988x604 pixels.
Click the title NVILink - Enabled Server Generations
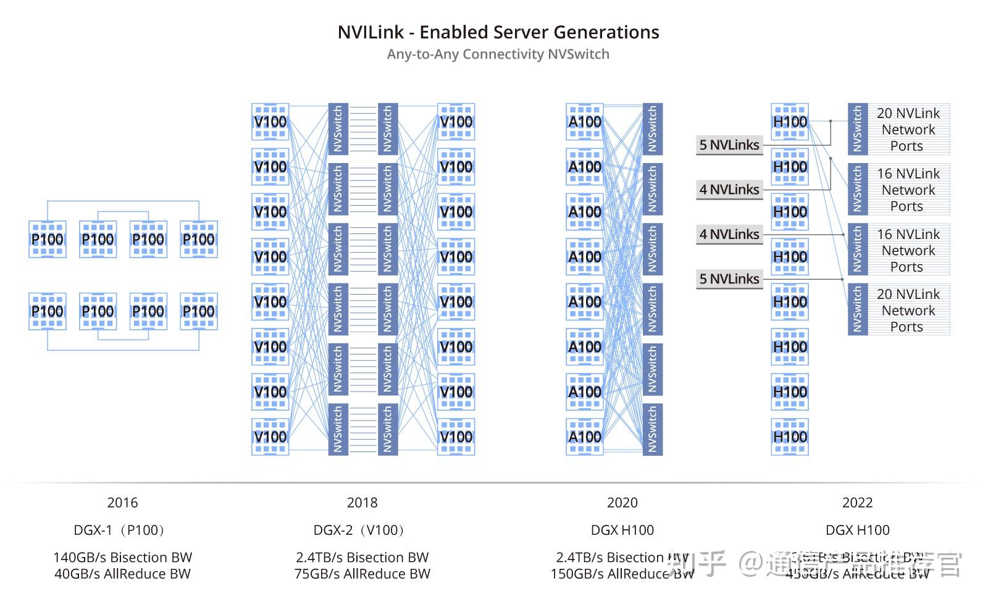pyautogui.click(x=498, y=32)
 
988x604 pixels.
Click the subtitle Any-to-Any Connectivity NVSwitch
pyautogui.click(x=498, y=54)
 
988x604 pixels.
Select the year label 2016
pyautogui.click(x=122, y=503)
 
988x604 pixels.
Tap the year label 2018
pyautogui.click(x=362, y=503)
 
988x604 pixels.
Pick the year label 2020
pyautogui.click(x=622, y=503)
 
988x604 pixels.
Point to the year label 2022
pyautogui.click(x=857, y=503)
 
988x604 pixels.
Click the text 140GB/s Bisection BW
pyautogui.click(x=122, y=557)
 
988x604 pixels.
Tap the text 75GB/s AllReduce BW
pyautogui.click(x=362, y=574)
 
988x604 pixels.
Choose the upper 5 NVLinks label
pyautogui.click(x=729, y=145)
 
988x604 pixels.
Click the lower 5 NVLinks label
pyautogui.click(x=729, y=279)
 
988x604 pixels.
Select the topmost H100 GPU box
pyautogui.click(x=790, y=122)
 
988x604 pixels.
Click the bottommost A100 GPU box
pyautogui.click(x=584, y=437)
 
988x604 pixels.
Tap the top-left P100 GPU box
pyautogui.click(x=48, y=239)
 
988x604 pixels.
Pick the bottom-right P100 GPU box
pyautogui.click(x=198, y=311)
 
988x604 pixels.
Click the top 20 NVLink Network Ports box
pyautogui.click(x=908, y=130)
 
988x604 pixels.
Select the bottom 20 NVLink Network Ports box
pyautogui.click(x=908, y=310)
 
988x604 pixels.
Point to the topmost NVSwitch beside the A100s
pyautogui.click(x=652, y=129)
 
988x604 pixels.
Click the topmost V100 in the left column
pyautogui.click(x=270, y=122)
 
